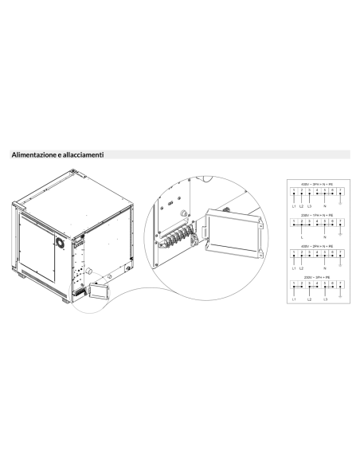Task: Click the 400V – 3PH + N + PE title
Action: (316, 184)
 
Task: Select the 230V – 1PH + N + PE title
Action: (316, 214)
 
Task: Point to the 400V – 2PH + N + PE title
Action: (316, 246)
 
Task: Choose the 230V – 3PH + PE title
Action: (316, 277)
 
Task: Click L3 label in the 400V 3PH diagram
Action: (309, 206)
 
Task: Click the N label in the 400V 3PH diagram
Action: (325, 206)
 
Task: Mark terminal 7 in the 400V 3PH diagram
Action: (341, 191)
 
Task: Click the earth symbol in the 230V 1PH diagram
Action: (341, 233)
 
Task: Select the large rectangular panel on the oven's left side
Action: (35, 246)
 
